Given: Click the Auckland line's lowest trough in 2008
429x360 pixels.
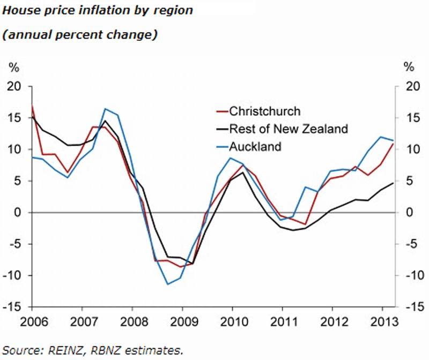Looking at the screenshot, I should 167,284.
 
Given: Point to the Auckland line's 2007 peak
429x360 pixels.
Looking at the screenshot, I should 105,109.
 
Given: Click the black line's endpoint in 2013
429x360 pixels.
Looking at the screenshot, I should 394,183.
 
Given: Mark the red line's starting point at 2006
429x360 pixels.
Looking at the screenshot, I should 32,106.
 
